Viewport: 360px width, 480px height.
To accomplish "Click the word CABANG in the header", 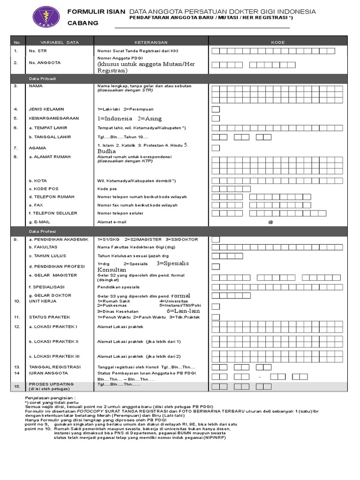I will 83,23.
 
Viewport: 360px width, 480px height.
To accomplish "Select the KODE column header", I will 278,42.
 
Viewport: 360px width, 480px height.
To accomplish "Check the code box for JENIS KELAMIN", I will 216,109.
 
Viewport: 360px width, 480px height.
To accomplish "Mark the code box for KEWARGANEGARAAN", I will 216,119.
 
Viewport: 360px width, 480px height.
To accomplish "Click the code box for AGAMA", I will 216,148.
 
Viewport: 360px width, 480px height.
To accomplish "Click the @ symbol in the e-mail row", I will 270,222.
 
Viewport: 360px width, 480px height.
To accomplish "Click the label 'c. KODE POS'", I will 44,189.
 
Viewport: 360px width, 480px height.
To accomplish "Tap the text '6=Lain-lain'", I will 183,311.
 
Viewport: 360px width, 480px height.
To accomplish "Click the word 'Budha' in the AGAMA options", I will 106,152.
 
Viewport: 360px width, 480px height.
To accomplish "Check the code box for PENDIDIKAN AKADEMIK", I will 216,240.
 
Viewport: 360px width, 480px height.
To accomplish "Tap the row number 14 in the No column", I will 17,373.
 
